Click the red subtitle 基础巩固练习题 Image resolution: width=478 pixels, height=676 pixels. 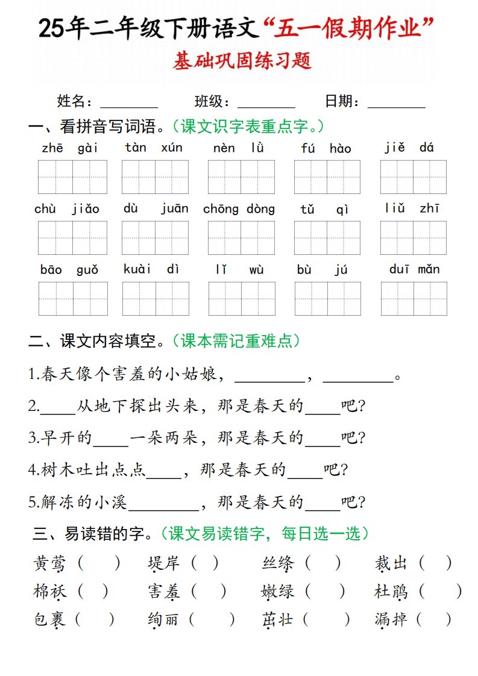[x=242, y=61]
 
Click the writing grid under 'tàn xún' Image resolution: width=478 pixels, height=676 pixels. [x=155, y=177]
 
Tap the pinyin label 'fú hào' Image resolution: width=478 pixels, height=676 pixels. [x=325, y=148]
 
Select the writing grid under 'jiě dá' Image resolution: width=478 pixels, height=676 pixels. [x=413, y=177]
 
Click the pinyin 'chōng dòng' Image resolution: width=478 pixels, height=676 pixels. [x=239, y=209]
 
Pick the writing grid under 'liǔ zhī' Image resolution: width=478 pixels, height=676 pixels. [x=413, y=238]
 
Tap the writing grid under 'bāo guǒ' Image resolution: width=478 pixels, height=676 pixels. [x=73, y=299]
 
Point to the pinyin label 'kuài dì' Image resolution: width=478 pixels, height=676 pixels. [x=151, y=269]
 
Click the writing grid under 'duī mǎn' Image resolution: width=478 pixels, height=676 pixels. [x=414, y=299]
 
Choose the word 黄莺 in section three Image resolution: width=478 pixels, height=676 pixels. [x=49, y=563]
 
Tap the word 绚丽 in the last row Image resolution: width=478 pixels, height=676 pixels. [x=163, y=619]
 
